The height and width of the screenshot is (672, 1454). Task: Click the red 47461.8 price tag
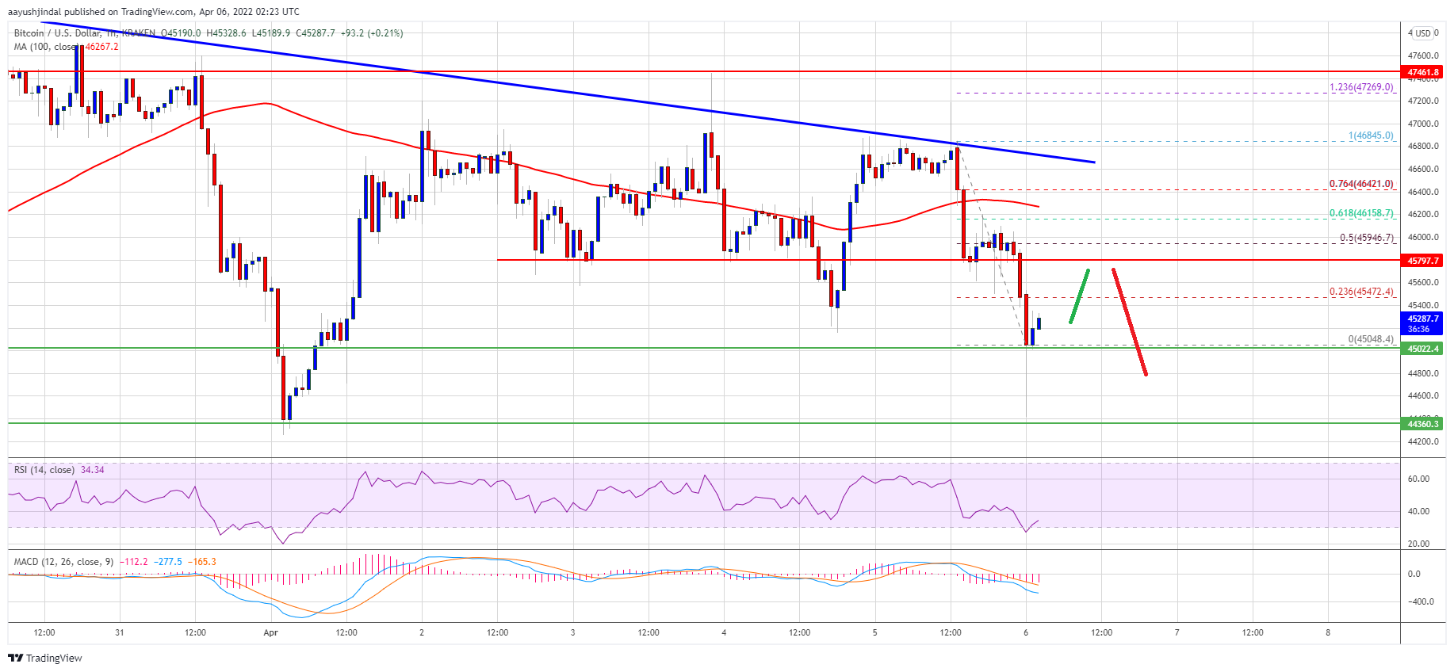(1423, 72)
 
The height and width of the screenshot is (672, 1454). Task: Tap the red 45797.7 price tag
(1423, 261)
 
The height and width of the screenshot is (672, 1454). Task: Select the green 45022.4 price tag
(1423, 349)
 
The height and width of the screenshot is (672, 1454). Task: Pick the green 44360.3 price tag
(1423, 424)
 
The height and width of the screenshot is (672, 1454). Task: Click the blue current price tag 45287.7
(1423, 323)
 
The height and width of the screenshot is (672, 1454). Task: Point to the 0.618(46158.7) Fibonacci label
(1360, 213)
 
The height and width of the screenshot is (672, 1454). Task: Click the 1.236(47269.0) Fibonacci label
(1360, 87)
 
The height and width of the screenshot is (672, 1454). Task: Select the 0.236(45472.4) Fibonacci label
(1360, 292)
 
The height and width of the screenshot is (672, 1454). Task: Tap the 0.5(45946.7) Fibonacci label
(1365, 238)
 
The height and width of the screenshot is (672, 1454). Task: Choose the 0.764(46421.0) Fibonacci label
(1360, 184)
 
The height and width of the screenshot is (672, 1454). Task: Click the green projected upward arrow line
(1079, 296)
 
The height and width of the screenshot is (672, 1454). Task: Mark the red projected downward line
(1130, 322)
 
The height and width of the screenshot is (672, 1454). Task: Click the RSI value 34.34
(92, 470)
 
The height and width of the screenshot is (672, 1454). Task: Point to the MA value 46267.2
(101, 47)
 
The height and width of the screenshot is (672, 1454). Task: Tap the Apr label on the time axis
(270, 632)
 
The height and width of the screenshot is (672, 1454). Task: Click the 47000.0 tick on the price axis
(1423, 124)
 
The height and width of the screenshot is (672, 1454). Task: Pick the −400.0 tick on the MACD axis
(1418, 601)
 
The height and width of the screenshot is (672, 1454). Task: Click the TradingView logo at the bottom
(45, 658)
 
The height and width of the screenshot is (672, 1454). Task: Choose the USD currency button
(1423, 33)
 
